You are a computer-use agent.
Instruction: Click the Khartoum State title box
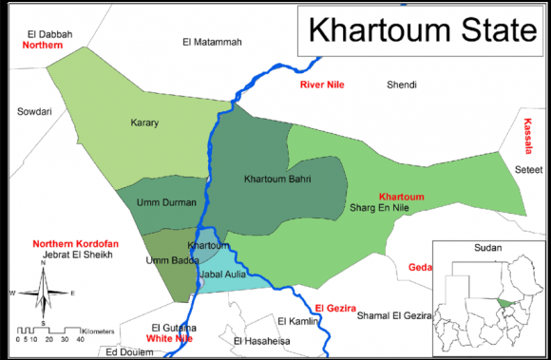[x=418, y=32]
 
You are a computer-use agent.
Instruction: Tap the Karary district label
[x=144, y=123]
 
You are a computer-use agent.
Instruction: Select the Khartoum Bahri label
[x=275, y=179]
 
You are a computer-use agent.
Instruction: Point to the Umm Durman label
[x=167, y=202]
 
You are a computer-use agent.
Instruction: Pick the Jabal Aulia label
[x=220, y=275]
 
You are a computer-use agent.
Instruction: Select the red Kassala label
[x=529, y=138]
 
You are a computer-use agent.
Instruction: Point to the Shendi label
[x=401, y=85]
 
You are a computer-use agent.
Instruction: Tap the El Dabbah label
[x=45, y=34]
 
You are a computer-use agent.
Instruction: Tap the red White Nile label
[x=170, y=338]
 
